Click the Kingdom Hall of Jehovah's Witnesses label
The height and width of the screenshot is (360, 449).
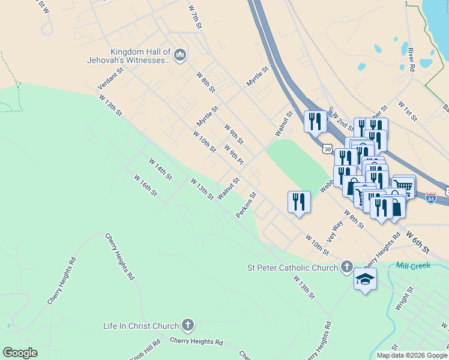[140, 56]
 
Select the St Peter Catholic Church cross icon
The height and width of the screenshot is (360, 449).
[346, 267]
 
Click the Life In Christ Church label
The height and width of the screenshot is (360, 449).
[141, 326]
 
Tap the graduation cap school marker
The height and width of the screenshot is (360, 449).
[365, 280]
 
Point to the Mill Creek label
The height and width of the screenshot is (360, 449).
[414, 265]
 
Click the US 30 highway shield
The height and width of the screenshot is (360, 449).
[327, 148]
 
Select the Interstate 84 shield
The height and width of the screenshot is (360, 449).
[431, 197]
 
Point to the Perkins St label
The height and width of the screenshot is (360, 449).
[246, 205]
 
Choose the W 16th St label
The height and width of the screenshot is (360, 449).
[145, 185]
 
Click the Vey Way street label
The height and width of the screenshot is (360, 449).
[335, 231]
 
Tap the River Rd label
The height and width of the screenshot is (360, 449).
[411, 60]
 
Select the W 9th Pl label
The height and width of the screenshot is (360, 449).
[234, 155]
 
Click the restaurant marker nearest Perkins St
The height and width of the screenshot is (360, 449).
[299, 202]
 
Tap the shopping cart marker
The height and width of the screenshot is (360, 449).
[403, 185]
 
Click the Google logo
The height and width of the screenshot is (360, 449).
[20, 353]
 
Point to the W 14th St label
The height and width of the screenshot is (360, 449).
[160, 169]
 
